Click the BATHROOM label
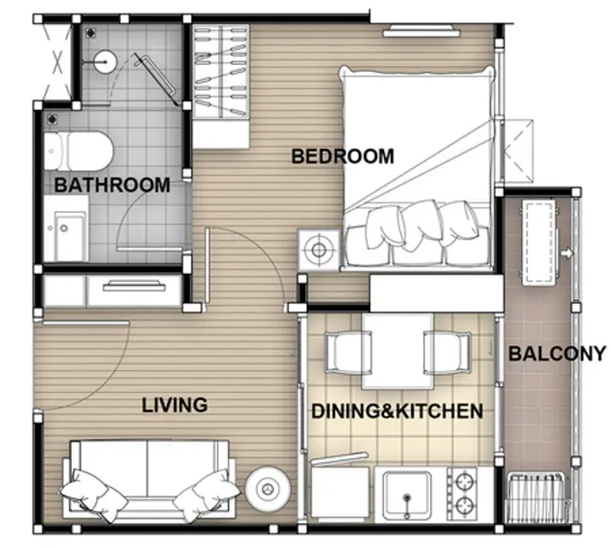[112, 185]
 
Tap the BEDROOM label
[343, 156]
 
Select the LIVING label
[175, 405]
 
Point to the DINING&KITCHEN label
[397, 411]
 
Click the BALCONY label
[557, 354]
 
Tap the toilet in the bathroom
[78, 151]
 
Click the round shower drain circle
[105, 62]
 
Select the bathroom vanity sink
[65, 229]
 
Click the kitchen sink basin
[407, 496]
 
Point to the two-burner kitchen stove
[462, 495]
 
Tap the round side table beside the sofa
[267, 488]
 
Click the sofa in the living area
[149, 480]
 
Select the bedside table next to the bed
[319, 250]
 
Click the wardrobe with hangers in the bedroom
[221, 86]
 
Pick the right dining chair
[448, 354]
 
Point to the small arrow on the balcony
[566, 253]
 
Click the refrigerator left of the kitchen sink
[340, 493]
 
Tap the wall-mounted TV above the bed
[422, 31]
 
